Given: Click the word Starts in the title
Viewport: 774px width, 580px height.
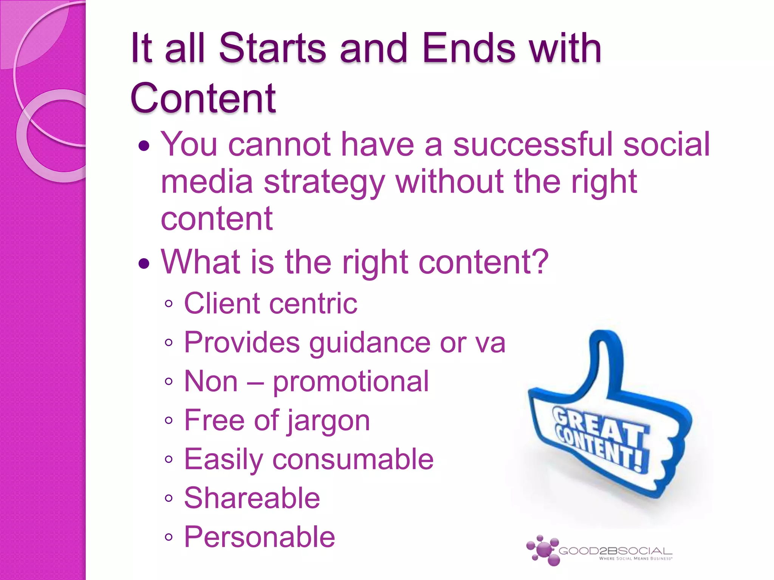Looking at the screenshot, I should pyautogui.click(x=272, y=48).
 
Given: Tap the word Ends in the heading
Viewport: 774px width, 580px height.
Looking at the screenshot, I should pyautogui.click(x=469, y=48).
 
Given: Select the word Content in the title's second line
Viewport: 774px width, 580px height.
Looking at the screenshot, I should pyautogui.click(x=203, y=98).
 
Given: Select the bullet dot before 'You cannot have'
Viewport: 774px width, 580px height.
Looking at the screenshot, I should pyautogui.click(x=144, y=145).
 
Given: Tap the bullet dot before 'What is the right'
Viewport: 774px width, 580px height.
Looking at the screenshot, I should pyautogui.click(x=144, y=263).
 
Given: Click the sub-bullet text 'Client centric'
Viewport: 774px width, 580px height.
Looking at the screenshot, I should pyautogui.click(x=270, y=304).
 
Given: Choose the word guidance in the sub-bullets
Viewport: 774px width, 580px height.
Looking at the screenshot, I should pyautogui.click(x=370, y=343).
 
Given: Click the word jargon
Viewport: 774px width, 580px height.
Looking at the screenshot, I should pyautogui.click(x=328, y=421).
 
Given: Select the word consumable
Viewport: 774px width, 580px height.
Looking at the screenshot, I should pyautogui.click(x=353, y=460).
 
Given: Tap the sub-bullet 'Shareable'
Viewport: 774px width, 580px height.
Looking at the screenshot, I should pyautogui.click(x=252, y=498).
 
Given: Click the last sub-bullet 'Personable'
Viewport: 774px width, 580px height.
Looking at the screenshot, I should pyautogui.click(x=259, y=537).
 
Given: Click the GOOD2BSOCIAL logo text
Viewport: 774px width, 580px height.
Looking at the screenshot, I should pyautogui.click(x=615, y=551).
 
